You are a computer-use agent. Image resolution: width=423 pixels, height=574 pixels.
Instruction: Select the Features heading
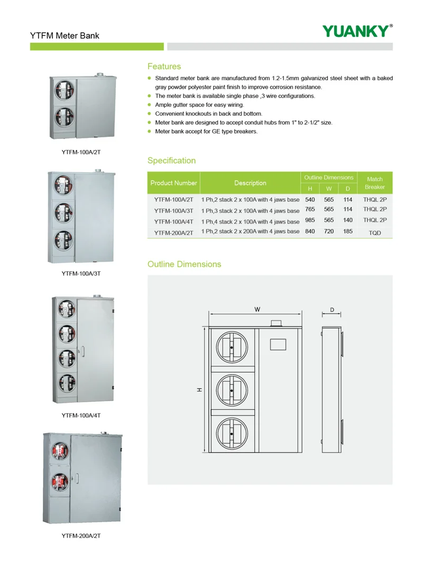(x=164, y=67)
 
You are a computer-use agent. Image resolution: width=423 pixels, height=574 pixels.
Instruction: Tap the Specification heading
(x=171, y=161)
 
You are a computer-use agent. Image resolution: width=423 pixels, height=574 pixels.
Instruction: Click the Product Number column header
(x=173, y=183)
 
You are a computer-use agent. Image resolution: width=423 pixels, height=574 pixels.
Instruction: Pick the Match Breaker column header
(x=374, y=183)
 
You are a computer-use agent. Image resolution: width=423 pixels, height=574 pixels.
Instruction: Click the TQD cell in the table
(x=375, y=233)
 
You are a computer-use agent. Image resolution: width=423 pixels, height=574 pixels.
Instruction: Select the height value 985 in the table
(x=310, y=221)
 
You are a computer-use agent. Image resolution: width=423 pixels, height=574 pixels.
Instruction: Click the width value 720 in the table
(x=329, y=232)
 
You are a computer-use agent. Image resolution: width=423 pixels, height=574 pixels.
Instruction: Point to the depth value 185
(x=347, y=232)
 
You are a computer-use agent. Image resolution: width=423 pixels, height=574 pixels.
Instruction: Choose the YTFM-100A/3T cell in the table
(x=173, y=210)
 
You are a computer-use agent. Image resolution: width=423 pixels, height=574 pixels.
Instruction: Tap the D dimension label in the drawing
(x=332, y=310)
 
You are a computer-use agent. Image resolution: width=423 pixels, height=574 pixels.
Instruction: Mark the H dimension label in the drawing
(x=199, y=390)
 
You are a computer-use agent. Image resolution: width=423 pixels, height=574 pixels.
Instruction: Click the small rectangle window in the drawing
(x=278, y=344)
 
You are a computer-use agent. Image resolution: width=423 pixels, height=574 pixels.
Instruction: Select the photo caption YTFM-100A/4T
(x=81, y=415)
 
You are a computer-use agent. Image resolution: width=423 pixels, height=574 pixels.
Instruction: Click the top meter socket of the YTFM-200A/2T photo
(x=61, y=452)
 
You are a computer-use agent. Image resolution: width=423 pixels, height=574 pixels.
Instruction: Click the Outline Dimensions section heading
(x=184, y=264)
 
